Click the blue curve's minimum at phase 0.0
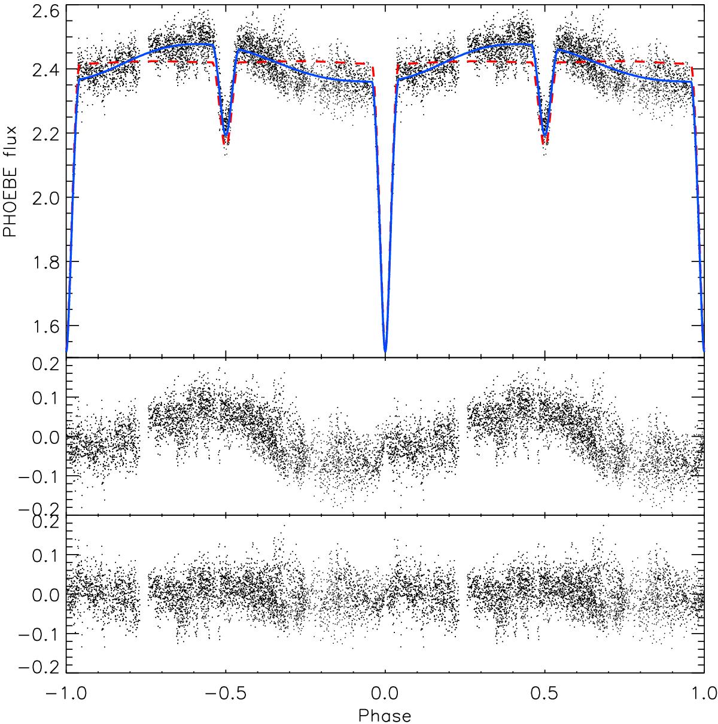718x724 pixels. click(x=385, y=351)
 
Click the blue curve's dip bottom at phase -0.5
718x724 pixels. click(x=226, y=136)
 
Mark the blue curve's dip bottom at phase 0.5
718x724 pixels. click(x=545, y=136)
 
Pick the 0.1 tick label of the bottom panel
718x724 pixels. click(x=44, y=555)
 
